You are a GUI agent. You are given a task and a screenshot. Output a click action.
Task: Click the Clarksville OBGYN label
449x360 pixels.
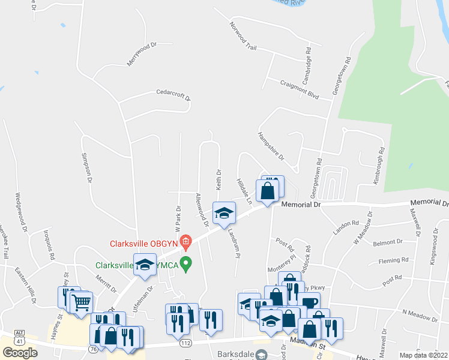[144, 244]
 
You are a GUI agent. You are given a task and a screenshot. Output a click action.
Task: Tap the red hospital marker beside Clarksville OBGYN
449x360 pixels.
[185, 242]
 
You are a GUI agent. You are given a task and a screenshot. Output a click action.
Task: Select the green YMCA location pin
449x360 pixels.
[186, 263]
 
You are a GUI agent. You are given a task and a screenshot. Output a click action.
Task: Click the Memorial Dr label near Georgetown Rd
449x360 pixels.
[301, 205]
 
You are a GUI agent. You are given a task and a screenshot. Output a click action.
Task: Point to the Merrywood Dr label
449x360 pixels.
[141, 53]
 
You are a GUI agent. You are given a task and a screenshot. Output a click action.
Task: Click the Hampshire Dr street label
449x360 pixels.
[270, 146]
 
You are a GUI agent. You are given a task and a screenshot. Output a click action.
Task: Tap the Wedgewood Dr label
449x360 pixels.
[21, 212]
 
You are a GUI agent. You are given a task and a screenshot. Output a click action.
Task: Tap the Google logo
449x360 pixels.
[20, 353]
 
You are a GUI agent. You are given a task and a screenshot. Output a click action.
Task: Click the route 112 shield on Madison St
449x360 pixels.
[184, 343]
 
